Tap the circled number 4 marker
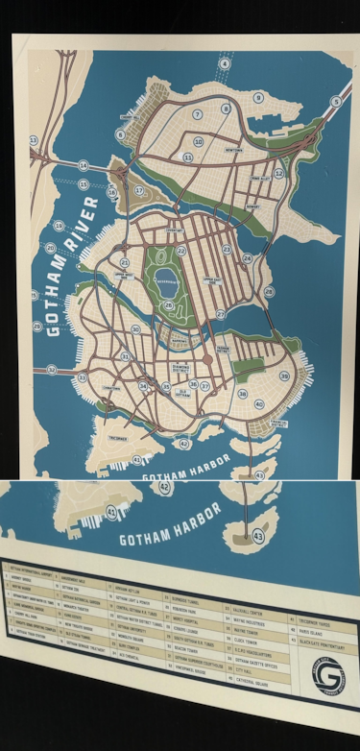click(x=225, y=63)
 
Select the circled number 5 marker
click(x=335, y=101)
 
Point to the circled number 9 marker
click(x=258, y=98)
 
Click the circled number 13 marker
click(x=34, y=140)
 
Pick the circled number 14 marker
click(x=84, y=165)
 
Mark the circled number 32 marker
click(x=51, y=370)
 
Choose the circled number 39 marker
click(x=284, y=375)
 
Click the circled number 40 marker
click(x=259, y=404)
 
